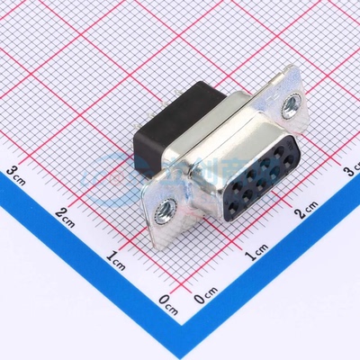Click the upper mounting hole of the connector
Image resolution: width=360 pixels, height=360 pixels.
tap(290, 105)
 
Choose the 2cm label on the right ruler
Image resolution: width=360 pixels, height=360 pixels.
tap(306, 210)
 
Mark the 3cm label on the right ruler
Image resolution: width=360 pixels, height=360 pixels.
tap(351, 170)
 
